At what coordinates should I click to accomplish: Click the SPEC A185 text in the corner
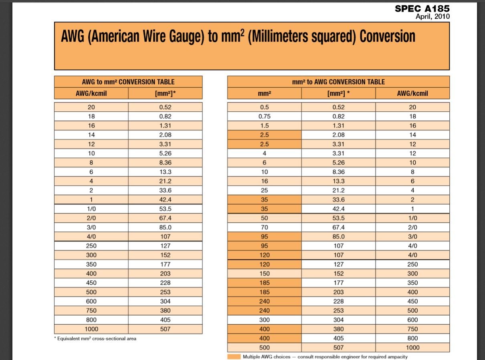point(422,8)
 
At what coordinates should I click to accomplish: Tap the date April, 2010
point(432,16)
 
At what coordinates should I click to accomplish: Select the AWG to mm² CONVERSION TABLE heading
point(128,82)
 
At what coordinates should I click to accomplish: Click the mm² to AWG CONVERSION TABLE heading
point(338,82)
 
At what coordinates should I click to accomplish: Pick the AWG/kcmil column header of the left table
point(91,93)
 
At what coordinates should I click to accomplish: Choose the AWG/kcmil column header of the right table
point(412,93)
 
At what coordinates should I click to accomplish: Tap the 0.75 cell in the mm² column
point(264,117)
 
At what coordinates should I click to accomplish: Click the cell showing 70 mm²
point(264,227)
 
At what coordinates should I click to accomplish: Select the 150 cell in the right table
point(264,274)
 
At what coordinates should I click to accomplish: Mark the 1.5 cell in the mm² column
point(264,126)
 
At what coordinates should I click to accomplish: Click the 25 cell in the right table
point(264,190)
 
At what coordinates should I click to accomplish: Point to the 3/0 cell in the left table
point(91,227)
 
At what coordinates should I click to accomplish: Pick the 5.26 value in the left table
point(165,153)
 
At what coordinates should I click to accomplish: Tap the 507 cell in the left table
point(165,329)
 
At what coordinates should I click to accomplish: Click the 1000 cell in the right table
point(412,348)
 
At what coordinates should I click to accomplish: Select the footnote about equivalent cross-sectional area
point(95,339)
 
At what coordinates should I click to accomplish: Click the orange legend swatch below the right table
point(234,356)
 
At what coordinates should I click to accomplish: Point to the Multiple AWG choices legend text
point(325,356)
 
